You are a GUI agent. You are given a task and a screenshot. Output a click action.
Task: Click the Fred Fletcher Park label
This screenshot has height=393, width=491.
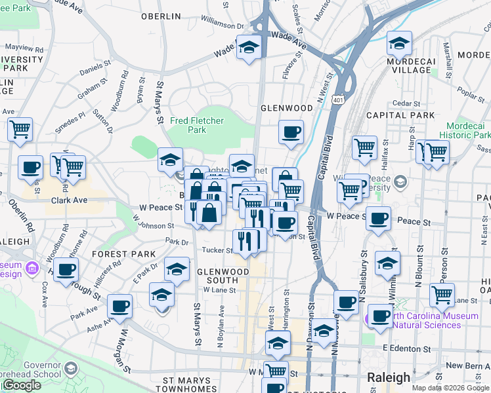point(197,125)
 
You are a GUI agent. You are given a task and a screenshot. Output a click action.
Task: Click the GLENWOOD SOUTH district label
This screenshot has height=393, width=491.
point(223,276)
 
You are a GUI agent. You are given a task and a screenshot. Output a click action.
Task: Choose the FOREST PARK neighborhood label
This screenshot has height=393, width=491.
point(124,254)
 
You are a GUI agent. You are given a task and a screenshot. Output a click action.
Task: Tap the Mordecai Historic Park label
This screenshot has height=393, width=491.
point(468,130)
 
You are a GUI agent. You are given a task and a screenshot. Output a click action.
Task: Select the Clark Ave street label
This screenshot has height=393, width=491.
point(69,200)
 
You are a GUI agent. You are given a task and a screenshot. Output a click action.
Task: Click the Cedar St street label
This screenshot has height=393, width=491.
point(406,103)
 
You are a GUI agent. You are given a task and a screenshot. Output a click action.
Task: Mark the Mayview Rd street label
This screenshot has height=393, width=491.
point(24,48)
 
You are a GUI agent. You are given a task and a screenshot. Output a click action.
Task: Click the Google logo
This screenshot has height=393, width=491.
point(22,385)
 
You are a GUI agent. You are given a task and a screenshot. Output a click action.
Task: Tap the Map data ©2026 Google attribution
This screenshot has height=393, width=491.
point(450,388)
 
